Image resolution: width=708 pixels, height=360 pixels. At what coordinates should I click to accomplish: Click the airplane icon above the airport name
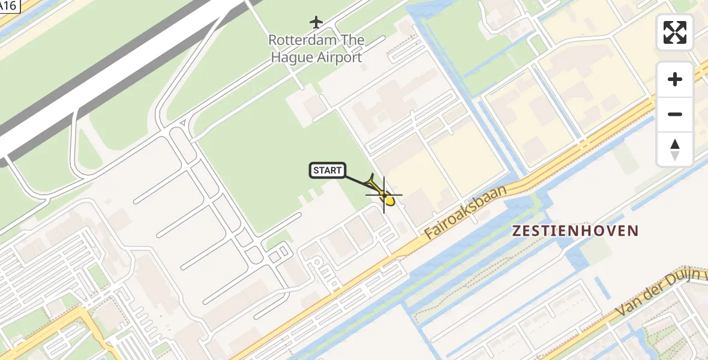[x=316, y=22]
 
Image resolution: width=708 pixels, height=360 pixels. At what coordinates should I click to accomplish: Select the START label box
[x=327, y=170]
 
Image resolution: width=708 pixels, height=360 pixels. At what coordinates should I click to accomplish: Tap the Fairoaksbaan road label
[x=466, y=212]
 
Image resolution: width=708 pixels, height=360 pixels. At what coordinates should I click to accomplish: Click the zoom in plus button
[x=675, y=79]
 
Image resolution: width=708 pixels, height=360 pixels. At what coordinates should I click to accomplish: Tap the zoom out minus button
[x=675, y=114]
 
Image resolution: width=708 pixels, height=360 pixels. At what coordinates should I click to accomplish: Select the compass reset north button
[x=675, y=149]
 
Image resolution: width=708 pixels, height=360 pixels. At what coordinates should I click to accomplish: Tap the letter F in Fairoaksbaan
[x=430, y=235]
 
